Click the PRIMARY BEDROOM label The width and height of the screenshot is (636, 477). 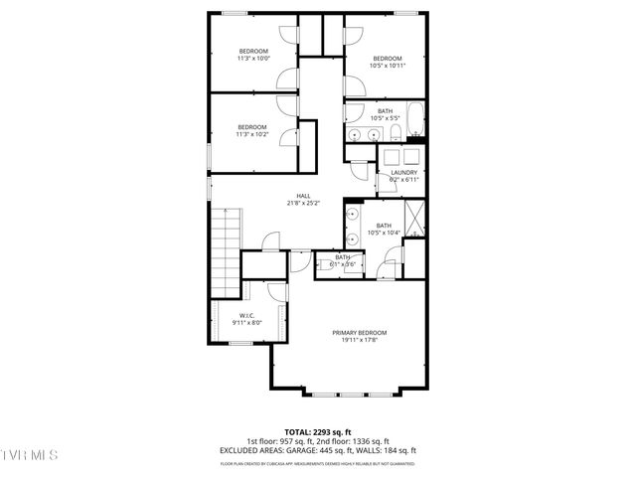(359, 332)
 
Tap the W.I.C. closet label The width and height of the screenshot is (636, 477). (246, 315)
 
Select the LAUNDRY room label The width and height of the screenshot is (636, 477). (404, 172)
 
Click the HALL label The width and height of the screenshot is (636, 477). (303, 196)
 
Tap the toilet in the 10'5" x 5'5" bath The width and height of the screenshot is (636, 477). (395, 133)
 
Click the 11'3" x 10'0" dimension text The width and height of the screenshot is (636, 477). (252, 59)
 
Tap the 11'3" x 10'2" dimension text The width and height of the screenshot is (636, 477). (252, 134)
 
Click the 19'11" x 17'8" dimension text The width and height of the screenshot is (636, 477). (359, 340)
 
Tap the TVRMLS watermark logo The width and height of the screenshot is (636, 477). (30, 455)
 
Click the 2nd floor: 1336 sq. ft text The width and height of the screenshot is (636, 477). (354, 441)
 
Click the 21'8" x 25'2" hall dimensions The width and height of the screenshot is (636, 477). (303, 204)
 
